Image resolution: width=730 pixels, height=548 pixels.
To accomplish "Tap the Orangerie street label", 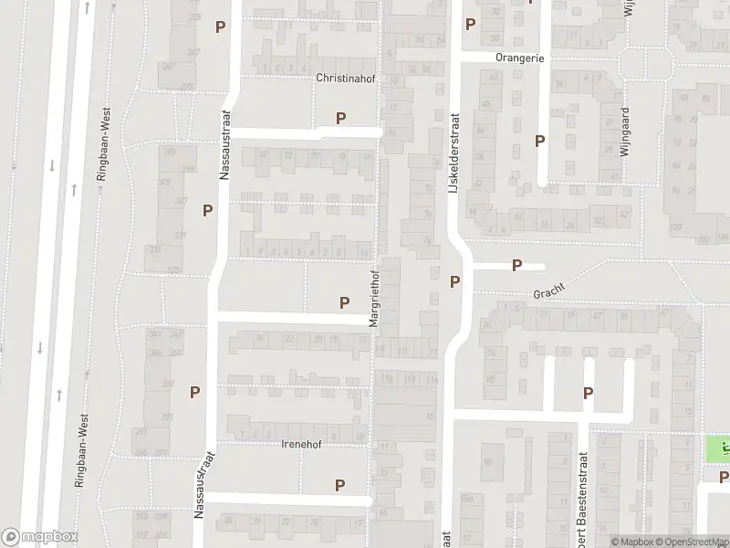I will point(519,58).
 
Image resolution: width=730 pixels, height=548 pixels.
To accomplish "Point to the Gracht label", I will point(550,290).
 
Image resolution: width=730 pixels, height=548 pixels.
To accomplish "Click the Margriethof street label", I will point(374,298).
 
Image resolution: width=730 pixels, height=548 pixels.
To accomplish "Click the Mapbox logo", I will point(39,536).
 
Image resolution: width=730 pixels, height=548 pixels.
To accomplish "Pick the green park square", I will point(718,449).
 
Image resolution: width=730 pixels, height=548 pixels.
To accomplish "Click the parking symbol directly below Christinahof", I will point(341,117).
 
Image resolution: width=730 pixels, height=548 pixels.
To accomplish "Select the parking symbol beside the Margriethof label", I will point(345,302).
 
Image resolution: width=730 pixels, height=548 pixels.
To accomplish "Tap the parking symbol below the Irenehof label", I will point(340,486).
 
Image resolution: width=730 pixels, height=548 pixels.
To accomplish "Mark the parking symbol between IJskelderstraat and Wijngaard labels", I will point(540,141).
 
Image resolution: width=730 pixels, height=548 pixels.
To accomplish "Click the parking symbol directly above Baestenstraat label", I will point(589,393).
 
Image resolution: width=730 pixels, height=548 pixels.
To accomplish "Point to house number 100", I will point(677,227).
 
